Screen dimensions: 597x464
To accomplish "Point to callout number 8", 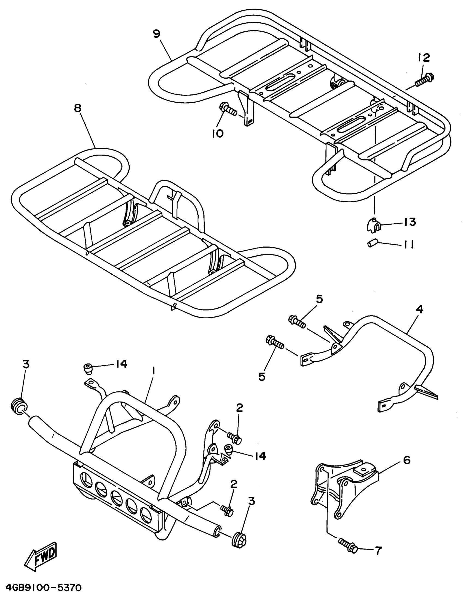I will click(77, 108).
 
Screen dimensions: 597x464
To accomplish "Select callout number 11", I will click(408, 245).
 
